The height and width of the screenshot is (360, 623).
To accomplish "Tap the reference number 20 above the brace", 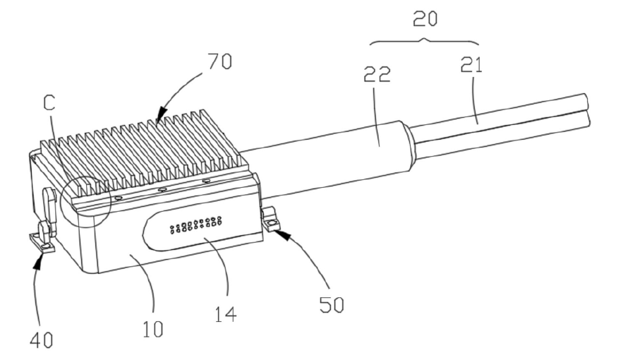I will (425, 19).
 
